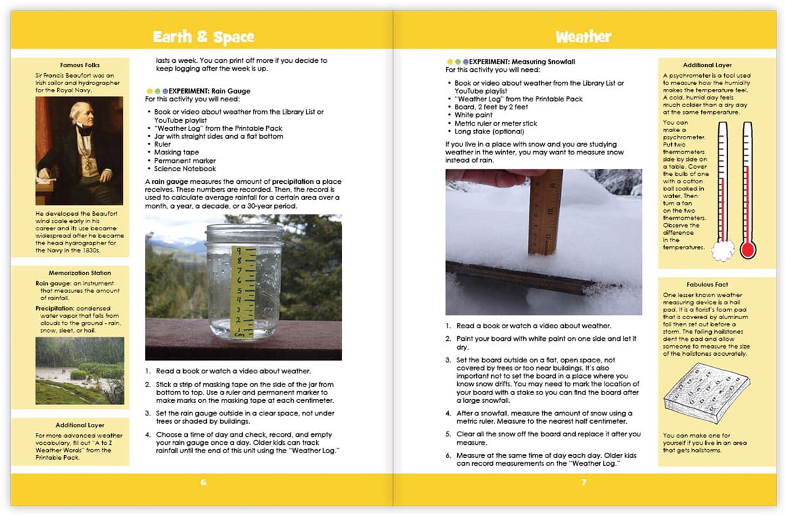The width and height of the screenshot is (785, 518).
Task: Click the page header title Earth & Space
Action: click(x=203, y=37)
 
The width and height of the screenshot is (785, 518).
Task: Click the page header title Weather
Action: click(x=583, y=37)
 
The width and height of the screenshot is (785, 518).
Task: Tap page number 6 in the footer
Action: click(x=203, y=483)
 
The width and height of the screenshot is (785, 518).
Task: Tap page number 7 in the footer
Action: click(x=584, y=483)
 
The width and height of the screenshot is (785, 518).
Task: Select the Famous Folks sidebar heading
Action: click(x=79, y=65)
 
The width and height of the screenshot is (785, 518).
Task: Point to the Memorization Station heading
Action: click(x=79, y=273)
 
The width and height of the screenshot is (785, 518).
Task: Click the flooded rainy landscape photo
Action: click(x=79, y=370)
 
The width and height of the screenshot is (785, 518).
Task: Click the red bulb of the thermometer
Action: click(x=748, y=249)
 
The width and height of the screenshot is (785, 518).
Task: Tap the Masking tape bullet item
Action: click(x=176, y=152)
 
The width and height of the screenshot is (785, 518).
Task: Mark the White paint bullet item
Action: click(x=476, y=115)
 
